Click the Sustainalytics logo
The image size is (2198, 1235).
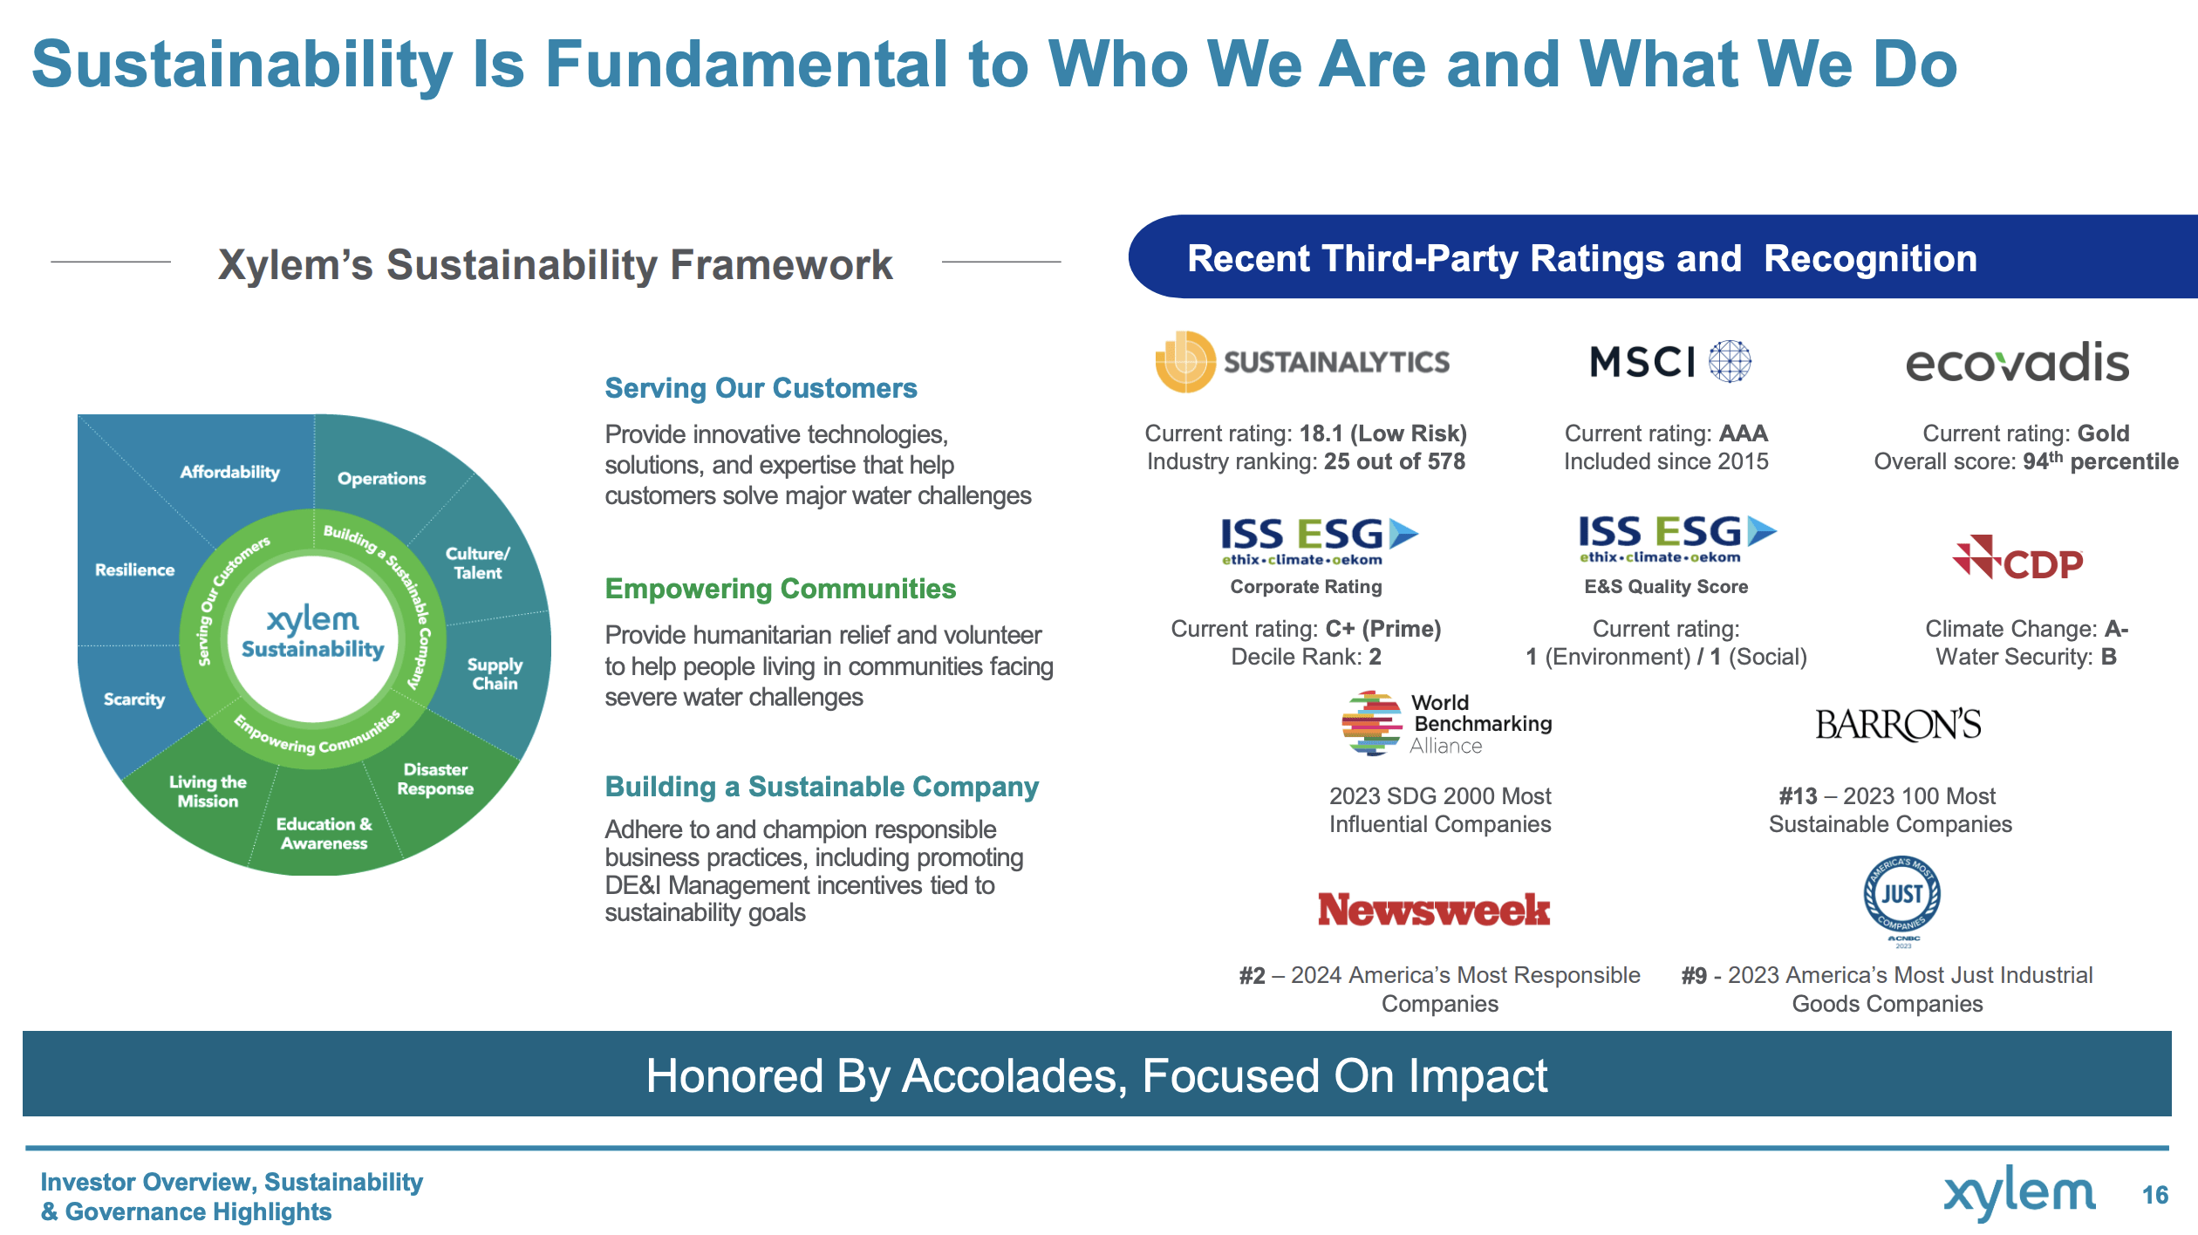pyautogui.click(x=1302, y=361)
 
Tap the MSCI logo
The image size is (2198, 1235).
pyautogui.click(x=1670, y=361)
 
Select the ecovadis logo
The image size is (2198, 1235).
pyautogui.click(x=2017, y=362)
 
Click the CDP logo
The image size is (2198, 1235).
pyautogui.click(x=2017, y=558)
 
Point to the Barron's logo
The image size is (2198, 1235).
pyautogui.click(x=1898, y=725)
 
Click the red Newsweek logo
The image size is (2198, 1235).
pyautogui.click(x=1434, y=910)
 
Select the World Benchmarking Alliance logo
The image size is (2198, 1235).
pyautogui.click(x=1447, y=723)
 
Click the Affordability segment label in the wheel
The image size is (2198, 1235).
pyautogui.click(x=230, y=472)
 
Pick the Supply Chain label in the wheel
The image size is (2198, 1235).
pyautogui.click(x=495, y=674)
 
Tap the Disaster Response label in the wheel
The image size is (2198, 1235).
pyautogui.click(x=435, y=779)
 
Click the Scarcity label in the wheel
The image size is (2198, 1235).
pyautogui.click(x=134, y=699)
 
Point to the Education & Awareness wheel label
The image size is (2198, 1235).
pyautogui.click(x=324, y=834)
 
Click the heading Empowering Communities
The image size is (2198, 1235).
pyautogui.click(x=781, y=589)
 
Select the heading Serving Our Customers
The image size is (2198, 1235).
pyautogui.click(x=761, y=388)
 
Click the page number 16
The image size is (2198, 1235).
pyautogui.click(x=2155, y=1195)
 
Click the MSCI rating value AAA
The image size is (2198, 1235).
pyautogui.click(x=1744, y=433)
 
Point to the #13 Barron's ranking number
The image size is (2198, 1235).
pyautogui.click(x=1798, y=796)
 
